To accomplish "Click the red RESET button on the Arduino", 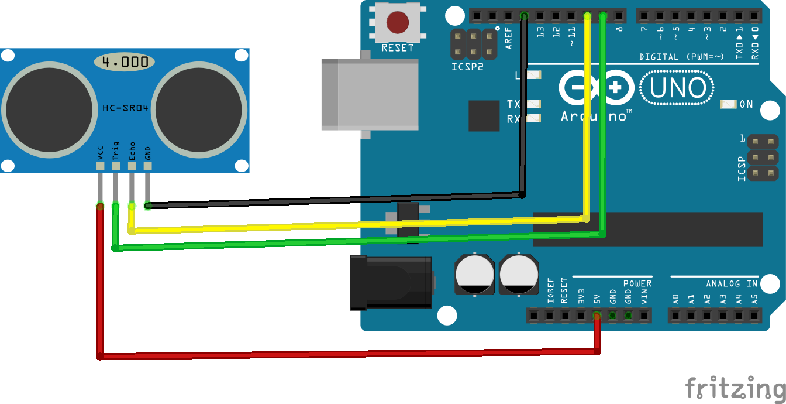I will (397, 22).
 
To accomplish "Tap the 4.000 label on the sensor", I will (125, 62).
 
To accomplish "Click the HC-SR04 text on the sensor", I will (125, 108).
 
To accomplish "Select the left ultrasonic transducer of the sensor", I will (49, 109).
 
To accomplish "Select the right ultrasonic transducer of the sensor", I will (198, 109).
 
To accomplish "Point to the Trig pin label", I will (116, 151).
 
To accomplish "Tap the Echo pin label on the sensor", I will (132, 151).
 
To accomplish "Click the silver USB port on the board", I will (370, 94).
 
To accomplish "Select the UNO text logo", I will (677, 88).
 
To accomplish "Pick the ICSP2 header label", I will (467, 67).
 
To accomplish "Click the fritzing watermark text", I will (735, 388).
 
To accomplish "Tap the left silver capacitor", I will (475, 274).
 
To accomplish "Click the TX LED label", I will (513, 104).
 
